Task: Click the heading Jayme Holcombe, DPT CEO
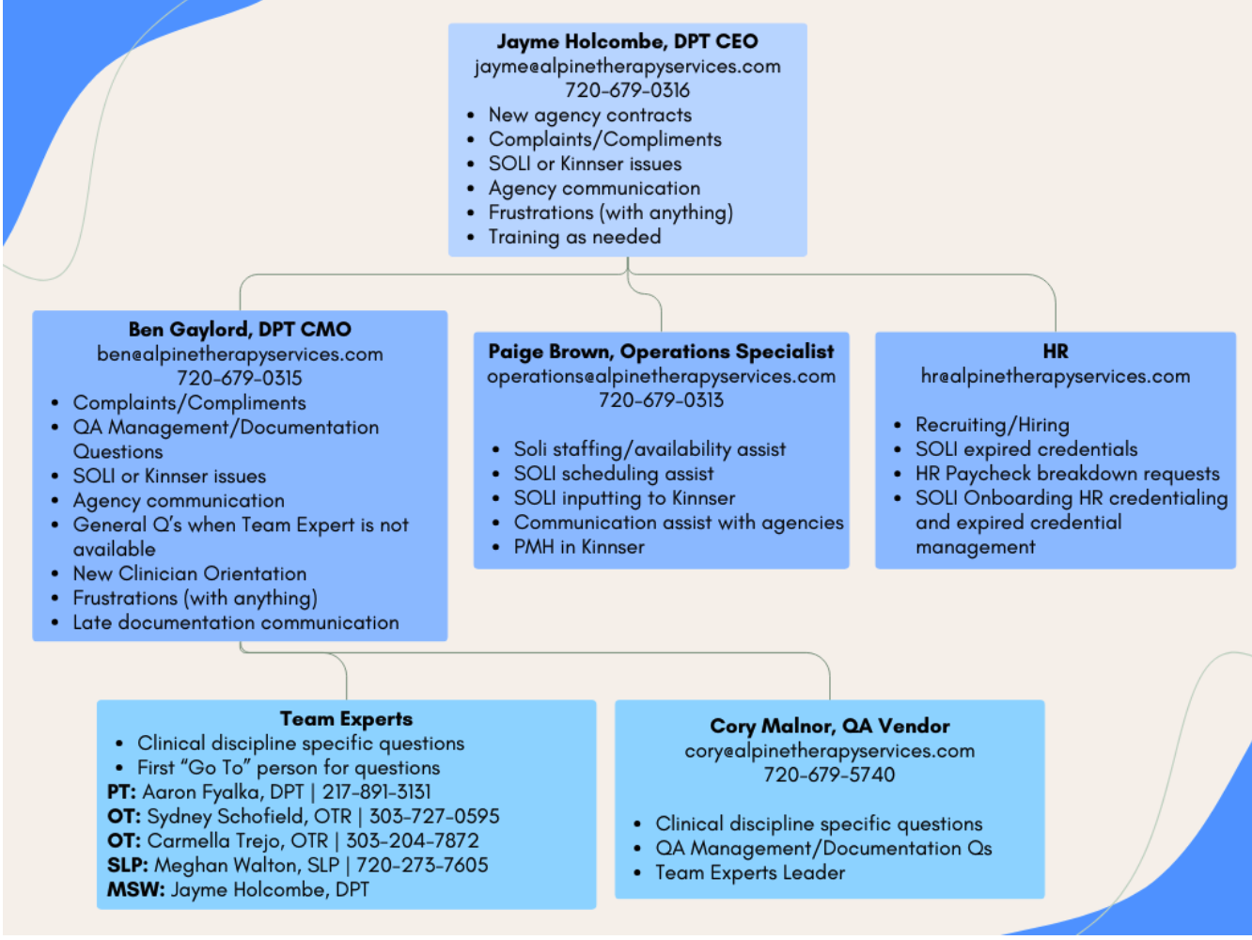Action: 627,41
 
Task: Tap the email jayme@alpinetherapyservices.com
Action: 627,67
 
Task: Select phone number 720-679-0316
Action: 627,90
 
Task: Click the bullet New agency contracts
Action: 589,116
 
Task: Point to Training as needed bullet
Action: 574,237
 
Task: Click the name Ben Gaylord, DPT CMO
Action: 240,330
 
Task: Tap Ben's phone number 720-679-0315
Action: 240,378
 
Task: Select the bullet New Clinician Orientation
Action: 189,573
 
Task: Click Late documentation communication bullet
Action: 235,622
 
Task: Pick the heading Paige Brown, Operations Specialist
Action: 661,352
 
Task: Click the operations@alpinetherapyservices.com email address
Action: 661,376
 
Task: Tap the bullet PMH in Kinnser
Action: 579,547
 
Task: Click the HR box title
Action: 1055,352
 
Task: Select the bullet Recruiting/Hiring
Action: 992,425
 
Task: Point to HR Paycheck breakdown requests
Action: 1067,474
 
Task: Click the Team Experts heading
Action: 346,719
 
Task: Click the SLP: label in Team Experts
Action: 128,866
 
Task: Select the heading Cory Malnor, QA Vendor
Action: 829,727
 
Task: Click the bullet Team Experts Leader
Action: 750,873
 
